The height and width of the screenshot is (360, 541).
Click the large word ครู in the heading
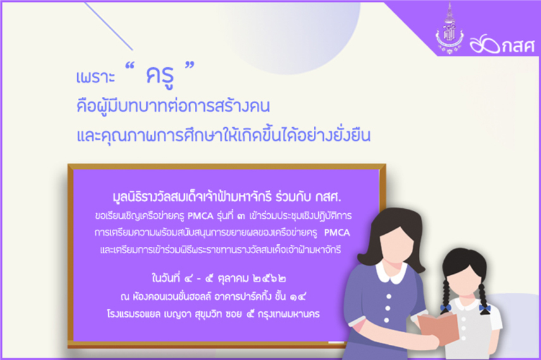point(159,76)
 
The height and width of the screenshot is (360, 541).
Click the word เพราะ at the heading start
point(95,77)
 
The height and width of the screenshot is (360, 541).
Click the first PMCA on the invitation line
point(200,216)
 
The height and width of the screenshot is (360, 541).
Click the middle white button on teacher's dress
point(388,308)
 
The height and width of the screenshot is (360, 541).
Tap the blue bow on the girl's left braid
point(445,307)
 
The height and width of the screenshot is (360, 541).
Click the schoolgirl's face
point(463,279)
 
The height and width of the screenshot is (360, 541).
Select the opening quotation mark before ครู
point(129,66)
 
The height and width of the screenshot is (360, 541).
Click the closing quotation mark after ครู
point(190,66)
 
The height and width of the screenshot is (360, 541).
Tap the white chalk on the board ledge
point(336,342)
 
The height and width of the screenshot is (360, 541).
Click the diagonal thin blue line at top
point(108,26)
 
